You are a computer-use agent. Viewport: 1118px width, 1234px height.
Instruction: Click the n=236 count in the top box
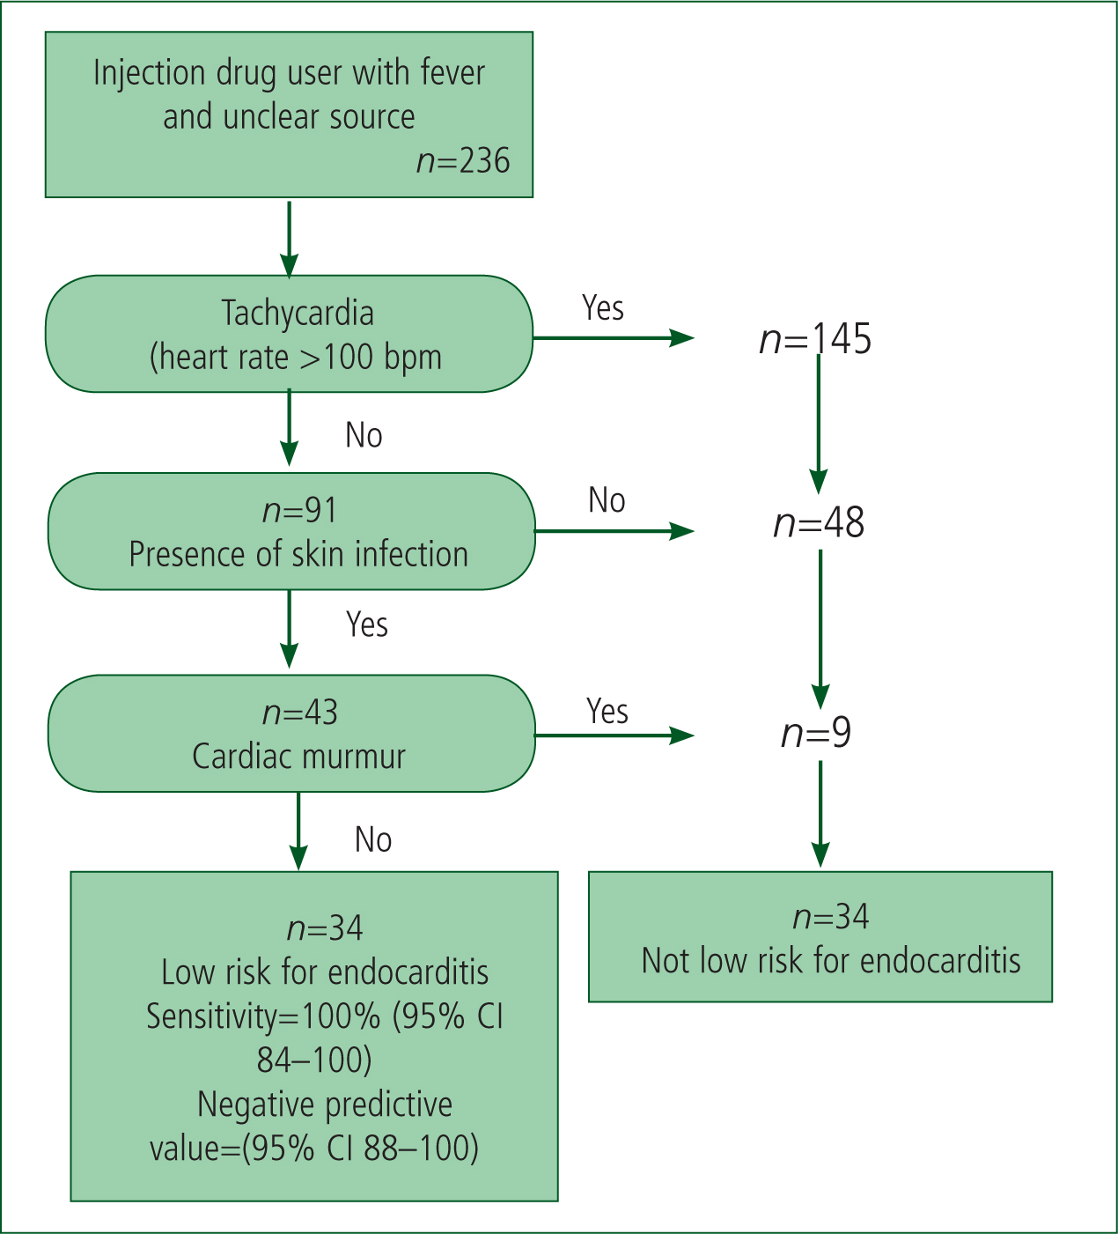click(x=463, y=161)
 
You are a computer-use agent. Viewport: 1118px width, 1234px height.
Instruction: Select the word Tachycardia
click(x=298, y=314)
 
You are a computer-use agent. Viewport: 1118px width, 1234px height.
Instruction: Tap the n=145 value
click(x=815, y=339)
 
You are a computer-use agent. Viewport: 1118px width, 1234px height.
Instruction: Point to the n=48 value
click(x=819, y=523)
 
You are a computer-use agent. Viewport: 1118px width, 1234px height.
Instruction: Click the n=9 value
click(x=816, y=733)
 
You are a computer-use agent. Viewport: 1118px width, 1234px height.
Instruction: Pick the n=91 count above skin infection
click(x=299, y=510)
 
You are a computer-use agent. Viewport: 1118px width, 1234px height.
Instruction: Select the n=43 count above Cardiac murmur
click(x=300, y=713)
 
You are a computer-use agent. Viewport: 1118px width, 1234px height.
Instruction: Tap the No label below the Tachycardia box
click(x=364, y=435)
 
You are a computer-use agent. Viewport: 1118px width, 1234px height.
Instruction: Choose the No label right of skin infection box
click(x=607, y=499)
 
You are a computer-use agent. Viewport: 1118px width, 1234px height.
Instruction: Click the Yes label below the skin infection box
click(x=366, y=624)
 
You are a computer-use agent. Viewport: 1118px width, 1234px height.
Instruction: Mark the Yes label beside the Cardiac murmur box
click(x=607, y=711)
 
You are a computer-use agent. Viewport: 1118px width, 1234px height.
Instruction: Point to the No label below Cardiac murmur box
click(x=372, y=839)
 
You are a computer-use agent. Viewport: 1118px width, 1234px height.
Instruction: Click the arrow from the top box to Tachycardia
click(x=289, y=239)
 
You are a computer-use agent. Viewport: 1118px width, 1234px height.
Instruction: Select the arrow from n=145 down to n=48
click(x=818, y=425)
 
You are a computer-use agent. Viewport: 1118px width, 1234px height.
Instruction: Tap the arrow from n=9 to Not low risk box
click(x=820, y=814)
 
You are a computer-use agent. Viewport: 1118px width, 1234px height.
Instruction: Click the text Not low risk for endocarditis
click(x=831, y=961)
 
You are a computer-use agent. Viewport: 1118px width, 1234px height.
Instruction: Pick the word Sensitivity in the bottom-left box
click(x=212, y=1016)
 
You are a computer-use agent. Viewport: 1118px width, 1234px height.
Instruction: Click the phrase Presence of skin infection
click(x=298, y=554)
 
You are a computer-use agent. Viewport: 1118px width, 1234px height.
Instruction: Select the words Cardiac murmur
click(x=299, y=756)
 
